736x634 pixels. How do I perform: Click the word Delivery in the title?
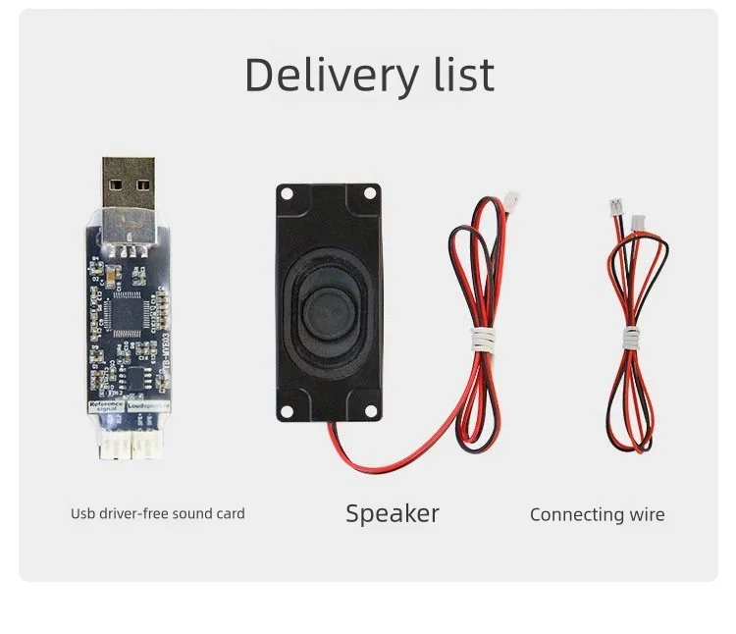319,76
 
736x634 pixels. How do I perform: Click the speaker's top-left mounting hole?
288,194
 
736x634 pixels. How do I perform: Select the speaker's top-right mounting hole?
369,194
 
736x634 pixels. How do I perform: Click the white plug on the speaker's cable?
511,201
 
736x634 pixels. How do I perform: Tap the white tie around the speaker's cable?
481,341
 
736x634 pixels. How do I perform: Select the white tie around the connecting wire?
630,339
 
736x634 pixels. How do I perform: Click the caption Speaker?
393,512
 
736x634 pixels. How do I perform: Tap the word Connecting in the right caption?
577,514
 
